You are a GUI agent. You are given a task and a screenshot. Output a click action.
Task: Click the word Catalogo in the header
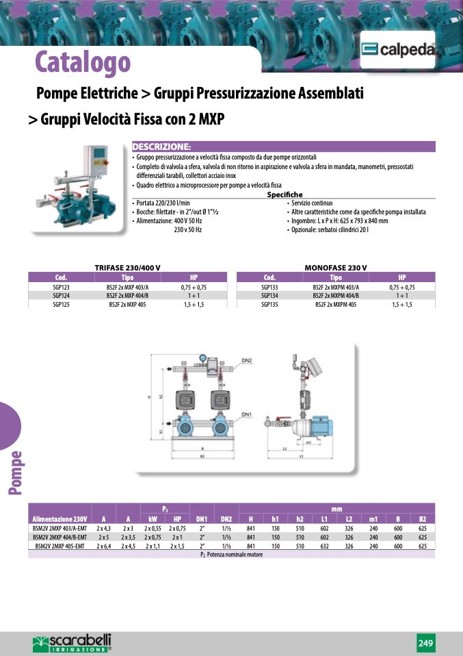click(83, 62)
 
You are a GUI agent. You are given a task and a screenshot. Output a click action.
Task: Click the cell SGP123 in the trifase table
click(61, 288)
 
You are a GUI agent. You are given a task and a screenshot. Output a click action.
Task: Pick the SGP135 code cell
click(269, 304)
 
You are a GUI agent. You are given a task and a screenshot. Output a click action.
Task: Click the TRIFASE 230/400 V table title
click(127, 267)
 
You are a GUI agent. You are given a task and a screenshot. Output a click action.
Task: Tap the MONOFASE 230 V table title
click(335, 267)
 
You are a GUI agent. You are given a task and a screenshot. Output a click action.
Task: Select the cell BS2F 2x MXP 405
click(127, 304)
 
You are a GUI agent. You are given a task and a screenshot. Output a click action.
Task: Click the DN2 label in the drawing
click(246, 360)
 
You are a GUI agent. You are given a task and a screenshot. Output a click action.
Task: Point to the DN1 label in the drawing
click(246, 415)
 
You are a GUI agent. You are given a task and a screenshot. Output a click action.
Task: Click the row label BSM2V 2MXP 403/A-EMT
click(60, 529)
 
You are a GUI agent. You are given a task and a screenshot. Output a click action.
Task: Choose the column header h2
click(300, 519)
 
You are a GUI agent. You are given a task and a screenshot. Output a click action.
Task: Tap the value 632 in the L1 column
click(324, 546)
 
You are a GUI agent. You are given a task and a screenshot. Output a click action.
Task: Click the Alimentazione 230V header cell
click(60, 519)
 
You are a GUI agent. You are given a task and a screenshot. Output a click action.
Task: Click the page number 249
click(425, 643)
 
